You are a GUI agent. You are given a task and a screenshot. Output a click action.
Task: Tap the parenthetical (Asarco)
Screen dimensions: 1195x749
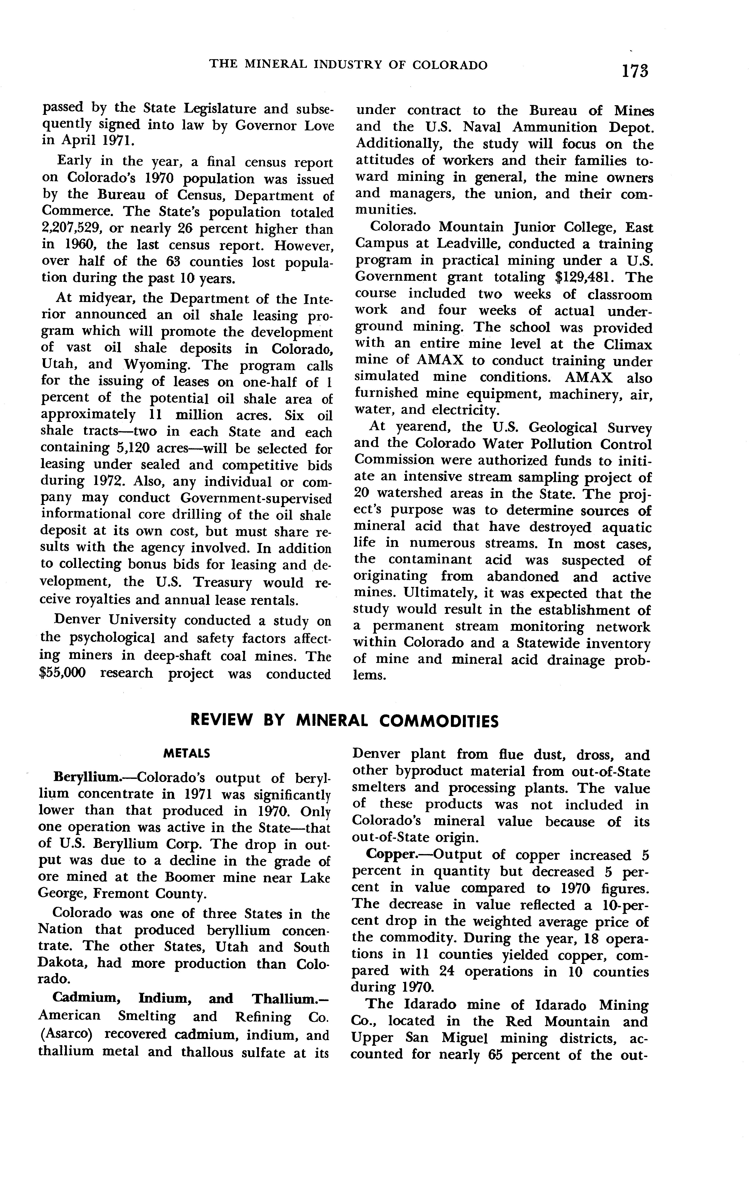[65, 1035]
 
